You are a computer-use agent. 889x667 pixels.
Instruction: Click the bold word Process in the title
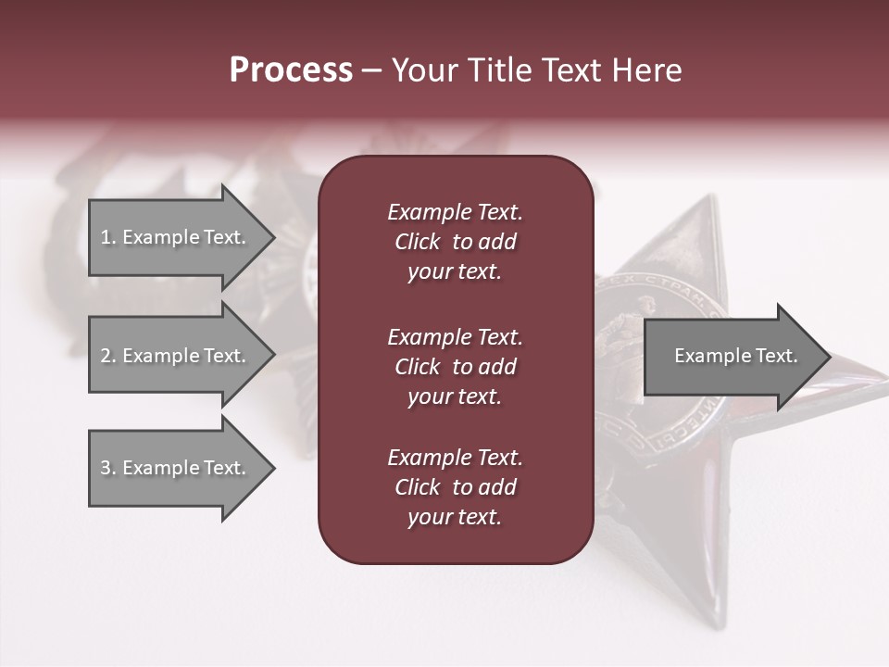(291, 70)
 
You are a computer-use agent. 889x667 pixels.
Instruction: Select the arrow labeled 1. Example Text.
(176, 237)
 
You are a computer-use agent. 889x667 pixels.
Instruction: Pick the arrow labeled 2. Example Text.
(176, 356)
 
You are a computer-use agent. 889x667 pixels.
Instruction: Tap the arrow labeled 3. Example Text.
(176, 468)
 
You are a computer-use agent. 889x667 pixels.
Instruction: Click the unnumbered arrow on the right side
(732, 356)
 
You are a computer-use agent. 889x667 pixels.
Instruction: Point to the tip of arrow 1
(273, 237)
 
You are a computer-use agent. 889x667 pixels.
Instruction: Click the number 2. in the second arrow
(108, 356)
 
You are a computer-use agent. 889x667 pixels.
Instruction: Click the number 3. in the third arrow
(108, 468)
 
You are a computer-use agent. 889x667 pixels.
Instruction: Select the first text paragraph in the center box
(455, 242)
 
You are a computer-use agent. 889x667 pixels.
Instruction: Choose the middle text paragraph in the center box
(455, 366)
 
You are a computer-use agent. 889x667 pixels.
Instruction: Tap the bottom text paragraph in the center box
(455, 487)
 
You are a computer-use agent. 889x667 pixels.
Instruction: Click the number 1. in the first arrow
(108, 237)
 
